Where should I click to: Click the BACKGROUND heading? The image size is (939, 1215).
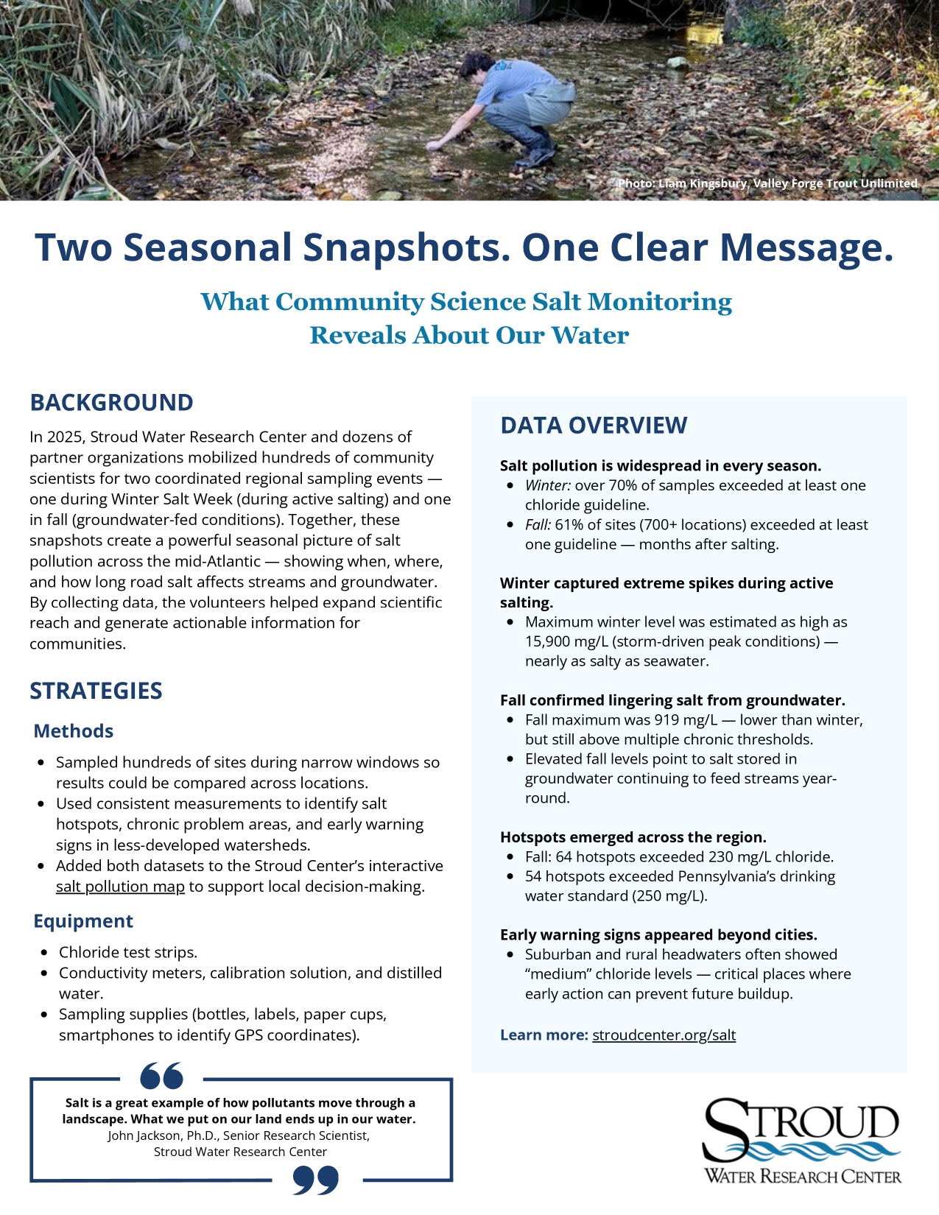(111, 403)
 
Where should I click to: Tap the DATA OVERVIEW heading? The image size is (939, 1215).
(594, 426)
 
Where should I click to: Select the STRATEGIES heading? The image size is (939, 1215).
(96, 691)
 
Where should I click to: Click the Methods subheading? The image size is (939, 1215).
(74, 731)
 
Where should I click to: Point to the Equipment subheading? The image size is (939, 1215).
(83, 921)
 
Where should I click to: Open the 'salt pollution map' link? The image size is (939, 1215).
(120, 887)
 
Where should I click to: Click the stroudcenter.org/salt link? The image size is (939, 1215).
(664, 1035)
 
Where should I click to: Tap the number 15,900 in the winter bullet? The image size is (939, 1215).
(549, 641)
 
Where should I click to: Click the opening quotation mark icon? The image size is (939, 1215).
(161, 1076)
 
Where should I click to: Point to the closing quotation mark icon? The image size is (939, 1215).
(316, 1180)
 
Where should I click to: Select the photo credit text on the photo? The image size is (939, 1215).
(767, 183)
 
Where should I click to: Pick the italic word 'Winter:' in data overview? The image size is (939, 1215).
(548, 485)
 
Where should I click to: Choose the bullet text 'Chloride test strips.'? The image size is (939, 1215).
(128, 952)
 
